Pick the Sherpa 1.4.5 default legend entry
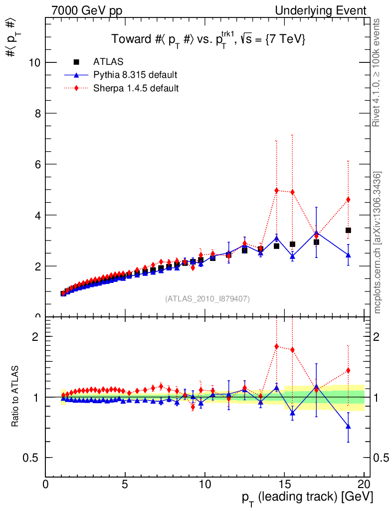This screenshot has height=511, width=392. pos(136,88)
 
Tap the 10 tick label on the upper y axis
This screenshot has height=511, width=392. pos(34,62)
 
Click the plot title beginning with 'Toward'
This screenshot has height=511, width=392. pos(208,39)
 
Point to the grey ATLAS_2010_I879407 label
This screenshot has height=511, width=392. pos(207,299)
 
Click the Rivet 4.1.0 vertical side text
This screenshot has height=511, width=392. pos(378,73)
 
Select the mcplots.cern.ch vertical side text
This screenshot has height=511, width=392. pos(378,243)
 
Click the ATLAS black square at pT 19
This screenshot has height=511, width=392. pos(348,230)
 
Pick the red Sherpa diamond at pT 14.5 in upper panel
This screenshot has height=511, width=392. pos(276,190)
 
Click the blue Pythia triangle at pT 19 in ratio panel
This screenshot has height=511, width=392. pos(348,426)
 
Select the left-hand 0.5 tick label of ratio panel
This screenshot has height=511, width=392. pos(33,458)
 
